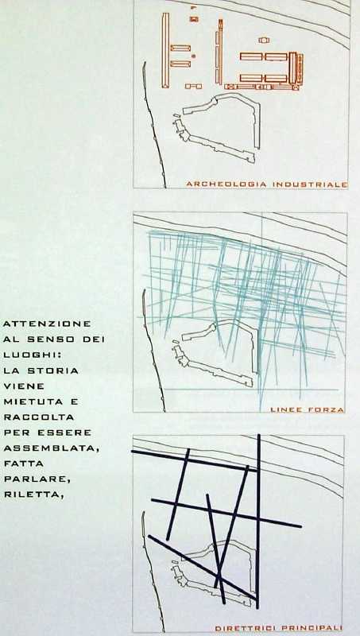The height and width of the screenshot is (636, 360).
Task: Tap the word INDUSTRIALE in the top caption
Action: click(310, 184)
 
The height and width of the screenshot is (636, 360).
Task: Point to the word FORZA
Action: click(327, 409)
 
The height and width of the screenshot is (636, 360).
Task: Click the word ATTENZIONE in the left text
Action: click(47, 324)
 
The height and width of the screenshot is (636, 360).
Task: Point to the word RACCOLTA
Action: click(38, 417)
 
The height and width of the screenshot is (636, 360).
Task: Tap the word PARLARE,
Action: click(37, 479)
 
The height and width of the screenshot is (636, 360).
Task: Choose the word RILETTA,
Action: click(33, 494)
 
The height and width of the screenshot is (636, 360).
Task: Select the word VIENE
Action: click(24, 386)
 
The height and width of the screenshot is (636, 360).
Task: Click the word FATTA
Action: click(23, 463)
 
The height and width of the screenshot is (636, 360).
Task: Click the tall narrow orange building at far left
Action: click(165, 50)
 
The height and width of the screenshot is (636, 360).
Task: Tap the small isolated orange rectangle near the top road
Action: click(264, 41)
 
